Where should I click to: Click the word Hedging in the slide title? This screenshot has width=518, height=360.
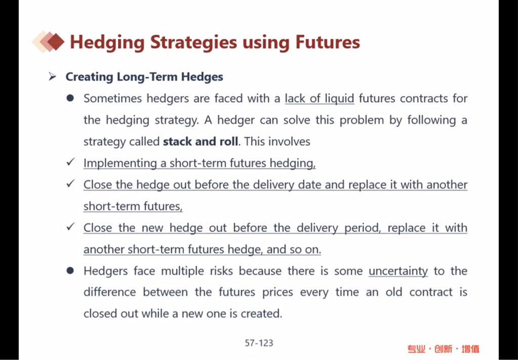(x=107, y=42)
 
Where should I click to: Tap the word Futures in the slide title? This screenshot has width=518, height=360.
(x=327, y=42)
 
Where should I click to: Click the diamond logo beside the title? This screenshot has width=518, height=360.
(x=48, y=41)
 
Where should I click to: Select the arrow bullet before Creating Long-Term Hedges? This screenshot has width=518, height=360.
(x=52, y=77)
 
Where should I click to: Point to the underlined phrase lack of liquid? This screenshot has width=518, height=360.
(x=320, y=99)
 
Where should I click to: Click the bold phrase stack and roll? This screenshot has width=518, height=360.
(x=200, y=142)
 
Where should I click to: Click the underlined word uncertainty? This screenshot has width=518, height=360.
(x=398, y=271)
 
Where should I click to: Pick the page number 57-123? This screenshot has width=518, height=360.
(x=259, y=343)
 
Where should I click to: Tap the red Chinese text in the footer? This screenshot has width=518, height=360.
(x=443, y=349)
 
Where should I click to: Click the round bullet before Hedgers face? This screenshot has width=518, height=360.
(x=70, y=271)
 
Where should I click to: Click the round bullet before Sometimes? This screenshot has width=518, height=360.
(x=70, y=99)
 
